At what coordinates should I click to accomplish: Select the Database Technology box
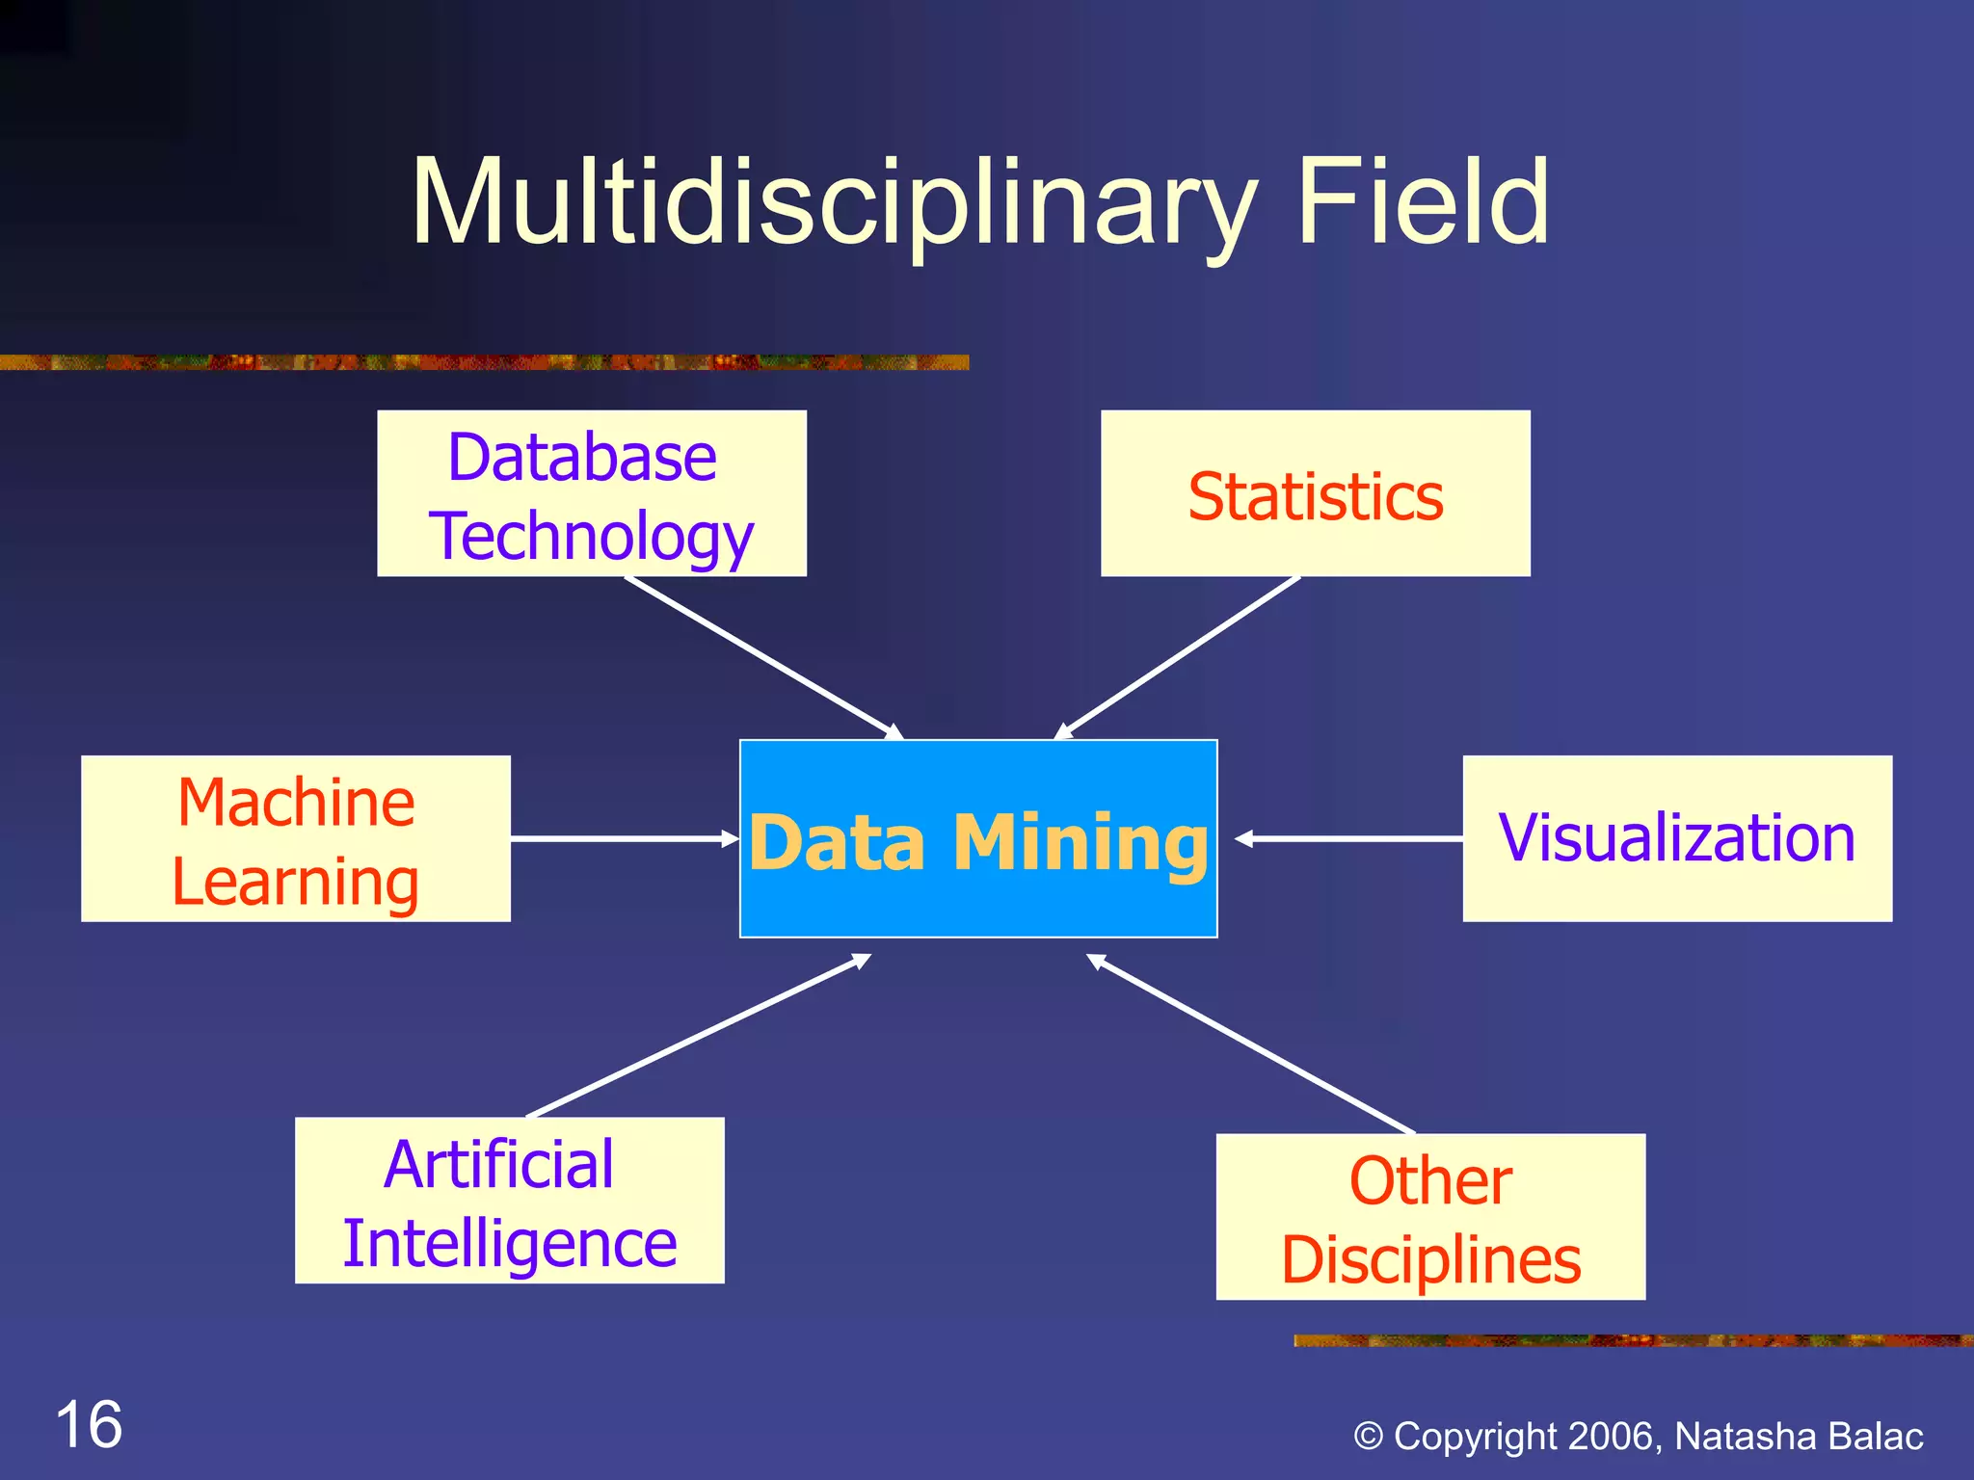pyautogui.click(x=591, y=493)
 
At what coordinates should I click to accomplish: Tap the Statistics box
pyautogui.click(x=1315, y=493)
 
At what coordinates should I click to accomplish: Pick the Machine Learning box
pyautogui.click(x=295, y=838)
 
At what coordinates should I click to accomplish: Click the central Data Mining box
pyautogui.click(x=977, y=838)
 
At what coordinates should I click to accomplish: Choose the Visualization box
pyautogui.click(x=1676, y=838)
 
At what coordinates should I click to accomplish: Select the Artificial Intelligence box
pyautogui.click(x=509, y=1200)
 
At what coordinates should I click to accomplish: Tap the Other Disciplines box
pyautogui.click(x=1429, y=1216)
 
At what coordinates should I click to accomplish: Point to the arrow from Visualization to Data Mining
pyautogui.click(x=1349, y=839)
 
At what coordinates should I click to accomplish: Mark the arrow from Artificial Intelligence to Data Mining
pyautogui.click(x=699, y=1036)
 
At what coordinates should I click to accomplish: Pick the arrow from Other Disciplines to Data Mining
pyautogui.click(x=1251, y=1044)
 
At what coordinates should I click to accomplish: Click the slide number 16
pyautogui.click(x=90, y=1424)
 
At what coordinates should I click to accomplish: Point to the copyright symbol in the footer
pyautogui.click(x=1368, y=1437)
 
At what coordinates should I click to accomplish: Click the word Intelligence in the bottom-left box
pyautogui.click(x=509, y=1243)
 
